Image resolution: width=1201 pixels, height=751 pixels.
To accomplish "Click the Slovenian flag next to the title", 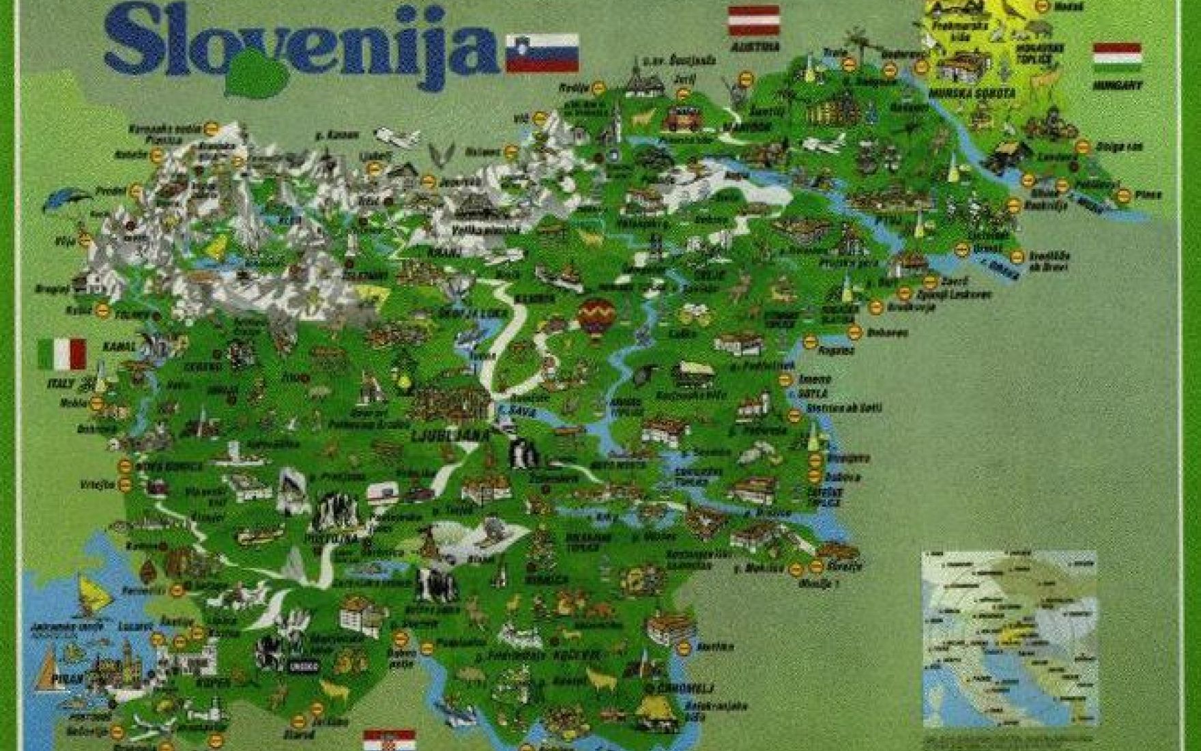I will click(542, 53).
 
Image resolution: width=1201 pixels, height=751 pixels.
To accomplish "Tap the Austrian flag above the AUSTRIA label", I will click(753, 20).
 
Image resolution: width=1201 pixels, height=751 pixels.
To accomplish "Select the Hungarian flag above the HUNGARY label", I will click(1116, 58).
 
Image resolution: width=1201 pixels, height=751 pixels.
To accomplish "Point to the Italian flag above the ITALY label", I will click(62, 354).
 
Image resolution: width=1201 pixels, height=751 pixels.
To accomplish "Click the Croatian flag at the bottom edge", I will click(389, 741).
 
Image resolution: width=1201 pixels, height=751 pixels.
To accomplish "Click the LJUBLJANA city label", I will click(451, 435).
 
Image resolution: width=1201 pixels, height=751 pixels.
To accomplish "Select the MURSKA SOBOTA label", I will click(972, 93).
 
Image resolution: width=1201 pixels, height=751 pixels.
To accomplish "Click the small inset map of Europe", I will click(1009, 638).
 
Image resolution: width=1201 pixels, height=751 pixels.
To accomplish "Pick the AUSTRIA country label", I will click(755, 47).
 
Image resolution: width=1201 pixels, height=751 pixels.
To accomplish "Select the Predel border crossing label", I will click(111, 190).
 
